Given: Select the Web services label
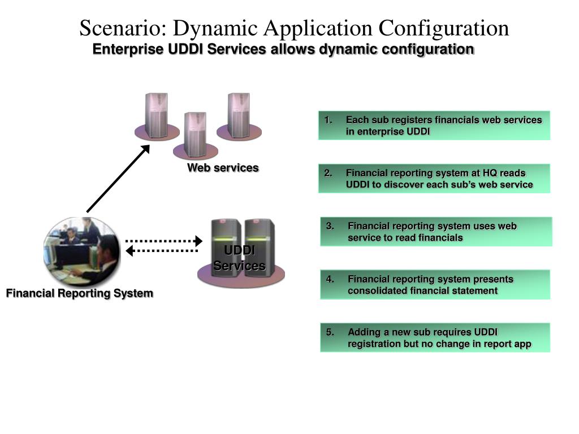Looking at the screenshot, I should [223, 168].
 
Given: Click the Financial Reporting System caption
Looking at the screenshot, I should [80, 293].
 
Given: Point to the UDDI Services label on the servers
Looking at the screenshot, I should [239, 258].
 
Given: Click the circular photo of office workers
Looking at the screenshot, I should [82, 252].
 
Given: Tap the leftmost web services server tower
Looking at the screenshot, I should [156, 115].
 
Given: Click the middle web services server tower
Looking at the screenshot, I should [195, 134].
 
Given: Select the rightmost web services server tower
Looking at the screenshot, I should [239, 115].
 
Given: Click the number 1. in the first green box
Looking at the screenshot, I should [329, 120].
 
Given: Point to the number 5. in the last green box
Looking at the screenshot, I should [330, 332].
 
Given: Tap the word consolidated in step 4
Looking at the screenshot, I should [377, 291].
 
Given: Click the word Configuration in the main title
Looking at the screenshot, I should [443, 28].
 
